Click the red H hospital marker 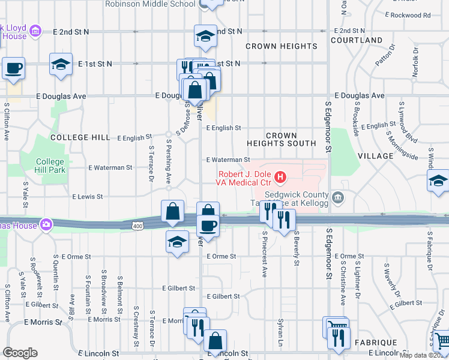pyautogui.click(x=280, y=177)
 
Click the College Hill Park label pyautogui.click(x=50, y=166)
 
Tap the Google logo pyautogui.click(x=20, y=353)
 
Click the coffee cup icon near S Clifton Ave pyautogui.click(x=13, y=68)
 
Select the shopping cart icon pyautogui.click(x=441, y=339)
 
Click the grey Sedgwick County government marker pyautogui.click(x=338, y=196)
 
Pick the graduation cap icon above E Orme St pyautogui.click(x=176, y=242)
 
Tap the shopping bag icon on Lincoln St pyautogui.click(x=215, y=341)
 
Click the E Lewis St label pyautogui.click(x=87, y=196)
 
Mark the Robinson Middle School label pyautogui.click(x=150, y=4)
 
